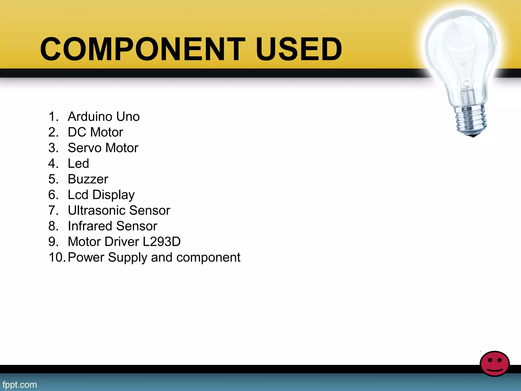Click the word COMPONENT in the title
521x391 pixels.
point(142,49)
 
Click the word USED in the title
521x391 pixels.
point(299,49)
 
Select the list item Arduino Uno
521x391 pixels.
point(104,117)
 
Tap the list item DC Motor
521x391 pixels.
point(95,132)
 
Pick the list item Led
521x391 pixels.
point(78,163)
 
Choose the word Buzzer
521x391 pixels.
point(88,179)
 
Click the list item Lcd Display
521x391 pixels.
point(101,195)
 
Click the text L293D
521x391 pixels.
point(162,242)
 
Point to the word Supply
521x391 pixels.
point(127,257)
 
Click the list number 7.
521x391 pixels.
point(53,211)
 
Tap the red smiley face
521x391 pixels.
point(495,364)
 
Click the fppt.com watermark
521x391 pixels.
point(20,384)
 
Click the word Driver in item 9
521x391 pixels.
point(122,242)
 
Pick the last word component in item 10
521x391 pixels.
point(208,257)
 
